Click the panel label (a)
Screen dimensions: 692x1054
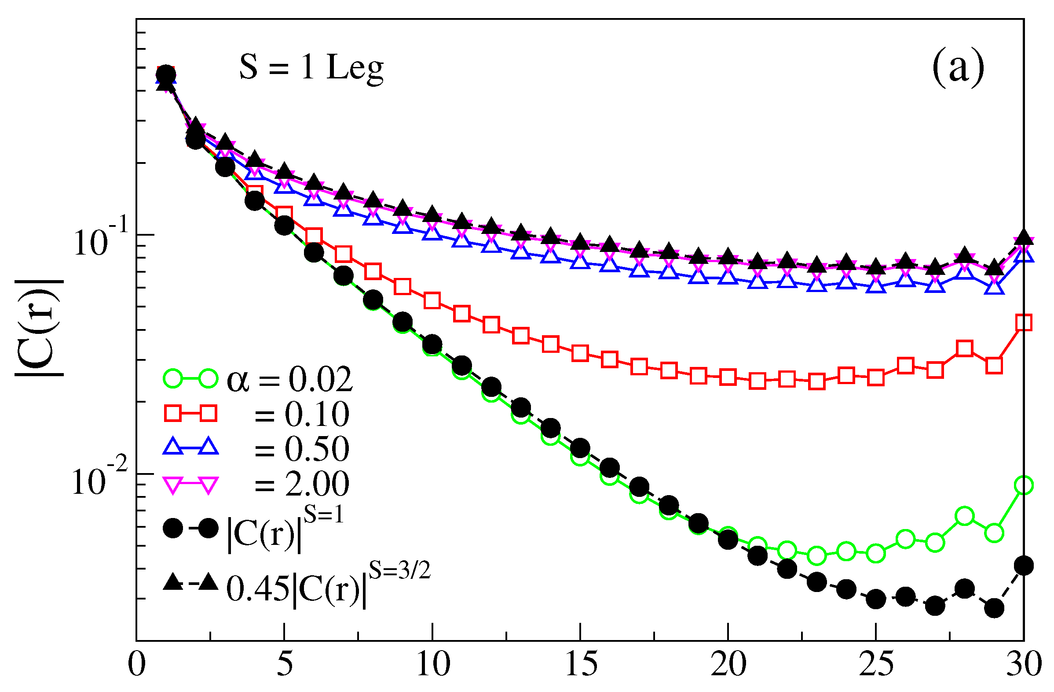(x=958, y=69)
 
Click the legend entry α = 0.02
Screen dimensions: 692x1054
(x=290, y=379)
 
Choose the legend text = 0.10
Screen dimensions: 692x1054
(x=301, y=414)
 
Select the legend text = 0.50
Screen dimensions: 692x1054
(x=301, y=448)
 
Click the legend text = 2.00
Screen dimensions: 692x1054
(x=301, y=484)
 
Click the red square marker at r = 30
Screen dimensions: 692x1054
(x=1024, y=322)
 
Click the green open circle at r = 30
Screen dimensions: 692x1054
(x=1024, y=485)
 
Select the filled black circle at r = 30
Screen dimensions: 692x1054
(x=1024, y=566)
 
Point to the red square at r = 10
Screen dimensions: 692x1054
(x=432, y=300)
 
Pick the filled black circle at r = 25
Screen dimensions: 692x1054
(x=876, y=599)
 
